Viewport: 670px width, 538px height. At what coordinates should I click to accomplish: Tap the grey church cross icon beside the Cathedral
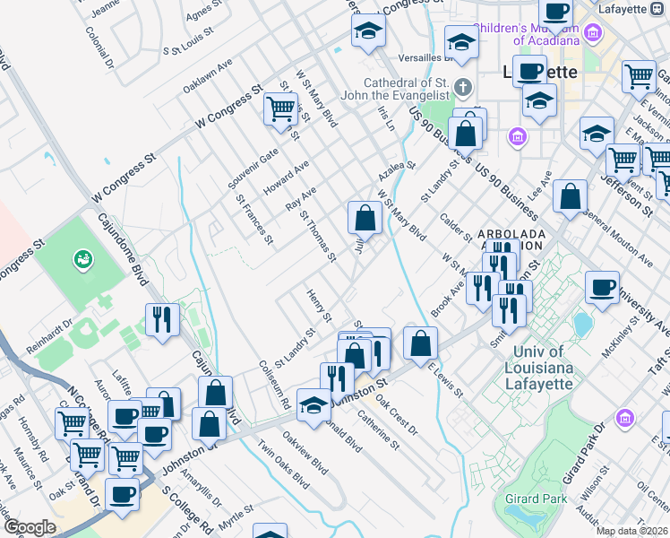tap(462, 88)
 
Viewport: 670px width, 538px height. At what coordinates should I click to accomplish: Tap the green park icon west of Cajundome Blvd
tap(83, 259)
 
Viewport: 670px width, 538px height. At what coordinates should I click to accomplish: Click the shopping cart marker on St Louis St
tap(280, 109)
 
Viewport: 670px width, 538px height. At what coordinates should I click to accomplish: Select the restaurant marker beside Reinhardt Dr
tap(162, 318)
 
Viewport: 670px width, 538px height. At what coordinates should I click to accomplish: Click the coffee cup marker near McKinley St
tap(602, 287)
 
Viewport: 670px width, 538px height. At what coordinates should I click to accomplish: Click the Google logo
tap(30, 526)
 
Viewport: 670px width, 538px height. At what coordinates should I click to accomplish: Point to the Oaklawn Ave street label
tap(208, 76)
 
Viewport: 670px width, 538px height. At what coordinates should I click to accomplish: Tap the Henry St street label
tap(319, 306)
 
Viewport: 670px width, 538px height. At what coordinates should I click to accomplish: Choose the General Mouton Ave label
tap(618, 241)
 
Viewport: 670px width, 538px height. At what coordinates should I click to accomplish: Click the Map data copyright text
tap(631, 531)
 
